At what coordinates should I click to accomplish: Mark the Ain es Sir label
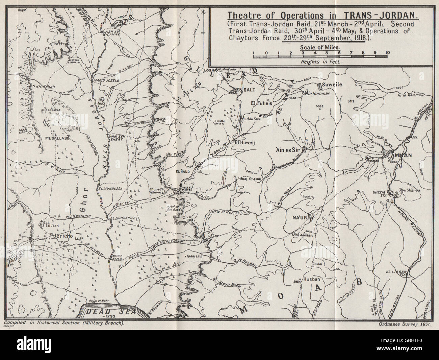tap(288, 149)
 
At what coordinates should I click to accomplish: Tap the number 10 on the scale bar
tap(387, 53)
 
